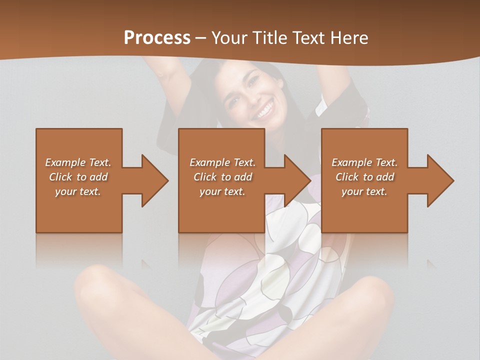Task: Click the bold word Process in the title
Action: (157, 37)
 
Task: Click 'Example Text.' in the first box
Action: (78, 162)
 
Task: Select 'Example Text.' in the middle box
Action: (222, 162)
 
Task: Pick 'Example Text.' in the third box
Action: (364, 162)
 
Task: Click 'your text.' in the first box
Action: (78, 191)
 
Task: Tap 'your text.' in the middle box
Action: (222, 191)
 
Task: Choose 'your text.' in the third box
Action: (364, 191)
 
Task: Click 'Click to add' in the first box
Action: (78, 177)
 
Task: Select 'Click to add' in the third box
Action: (364, 177)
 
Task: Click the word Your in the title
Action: (229, 37)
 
